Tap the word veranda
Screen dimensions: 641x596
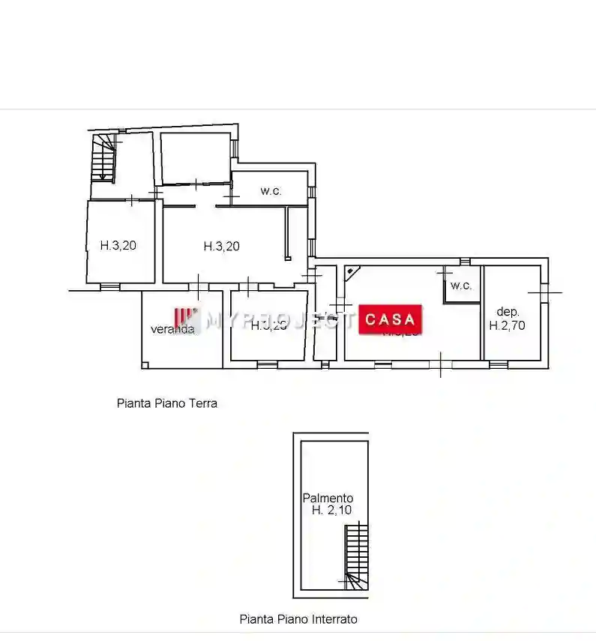click(x=173, y=328)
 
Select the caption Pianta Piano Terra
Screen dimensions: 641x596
click(x=167, y=403)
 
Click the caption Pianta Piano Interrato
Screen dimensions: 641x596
click(x=298, y=619)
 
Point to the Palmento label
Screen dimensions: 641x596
click(x=328, y=498)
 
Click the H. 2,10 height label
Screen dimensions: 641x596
click(x=331, y=511)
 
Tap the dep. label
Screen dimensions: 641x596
click(x=508, y=311)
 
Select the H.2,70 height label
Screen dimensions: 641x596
click(x=508, y=325)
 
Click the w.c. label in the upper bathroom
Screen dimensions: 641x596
click(x=271, y=190)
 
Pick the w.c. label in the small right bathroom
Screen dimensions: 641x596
click(x=461, y=286)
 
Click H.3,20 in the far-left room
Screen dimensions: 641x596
click(x=118, y=244)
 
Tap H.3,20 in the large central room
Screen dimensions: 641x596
click(x=222, y=245)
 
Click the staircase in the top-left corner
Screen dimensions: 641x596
click(x=104, y=157)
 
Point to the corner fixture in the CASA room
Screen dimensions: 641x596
click(x=352, y=272)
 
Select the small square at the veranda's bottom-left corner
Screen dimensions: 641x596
click(x=146, y=364)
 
